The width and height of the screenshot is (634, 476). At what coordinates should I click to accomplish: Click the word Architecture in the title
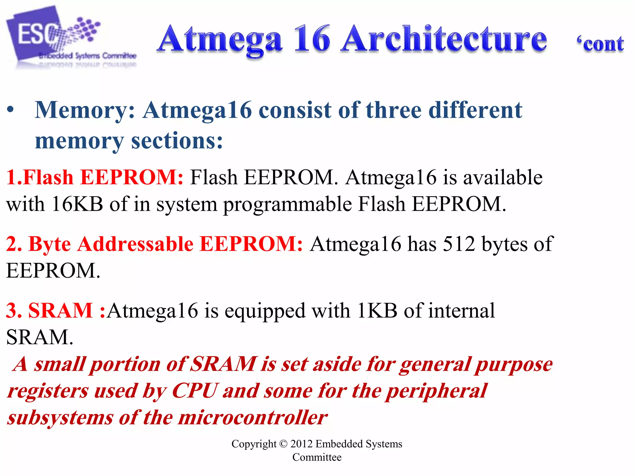tap(444, 40)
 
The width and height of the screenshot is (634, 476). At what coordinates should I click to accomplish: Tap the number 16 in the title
tap(312, 40)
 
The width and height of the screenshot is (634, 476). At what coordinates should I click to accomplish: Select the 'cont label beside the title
tap(600, 44)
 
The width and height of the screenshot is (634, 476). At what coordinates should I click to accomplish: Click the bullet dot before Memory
tap(11, 110)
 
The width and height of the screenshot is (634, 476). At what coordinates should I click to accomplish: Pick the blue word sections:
tap(177, 141)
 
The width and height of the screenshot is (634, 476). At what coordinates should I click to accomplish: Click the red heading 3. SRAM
tap(50, 311)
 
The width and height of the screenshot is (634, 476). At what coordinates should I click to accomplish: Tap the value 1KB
tap(377, 311)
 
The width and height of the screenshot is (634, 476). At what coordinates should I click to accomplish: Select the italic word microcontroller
tap(252, 418)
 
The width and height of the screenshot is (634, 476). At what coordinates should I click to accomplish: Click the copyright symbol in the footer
tap(283, 444)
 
